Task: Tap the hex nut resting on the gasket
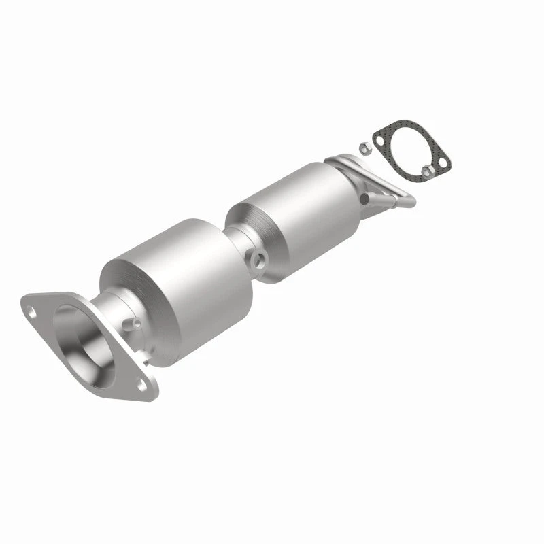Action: [427, 171]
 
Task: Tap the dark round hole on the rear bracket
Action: [364, 199]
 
